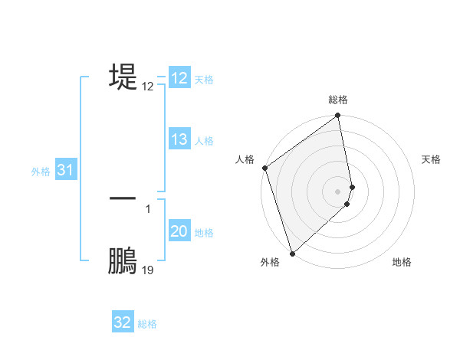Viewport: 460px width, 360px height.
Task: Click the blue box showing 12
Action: (179, 79)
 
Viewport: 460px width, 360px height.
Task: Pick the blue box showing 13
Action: (179, 139)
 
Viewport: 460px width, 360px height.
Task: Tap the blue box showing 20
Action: (179, 231)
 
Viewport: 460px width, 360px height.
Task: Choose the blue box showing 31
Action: (65, 171)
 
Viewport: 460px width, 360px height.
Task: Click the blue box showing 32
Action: (123, 322)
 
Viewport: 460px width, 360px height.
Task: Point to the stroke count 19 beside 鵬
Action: (148, 270)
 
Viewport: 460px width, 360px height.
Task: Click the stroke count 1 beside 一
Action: (148, 208)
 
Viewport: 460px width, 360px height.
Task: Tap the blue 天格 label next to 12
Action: (204, 80)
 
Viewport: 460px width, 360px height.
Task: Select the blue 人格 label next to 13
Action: (204, 140)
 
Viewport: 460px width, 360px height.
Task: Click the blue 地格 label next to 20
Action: (204, 232)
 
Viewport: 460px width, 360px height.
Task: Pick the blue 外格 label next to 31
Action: (41, 172)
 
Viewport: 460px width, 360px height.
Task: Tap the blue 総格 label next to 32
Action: (147, 323)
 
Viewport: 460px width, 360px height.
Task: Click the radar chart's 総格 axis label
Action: (338, 100)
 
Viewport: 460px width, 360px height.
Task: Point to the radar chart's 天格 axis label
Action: (431, 159)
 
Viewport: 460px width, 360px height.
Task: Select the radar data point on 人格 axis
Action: (264, 168)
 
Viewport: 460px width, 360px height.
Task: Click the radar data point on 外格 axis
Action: (292, 253)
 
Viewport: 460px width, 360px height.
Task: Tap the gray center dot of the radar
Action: (338, 191)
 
